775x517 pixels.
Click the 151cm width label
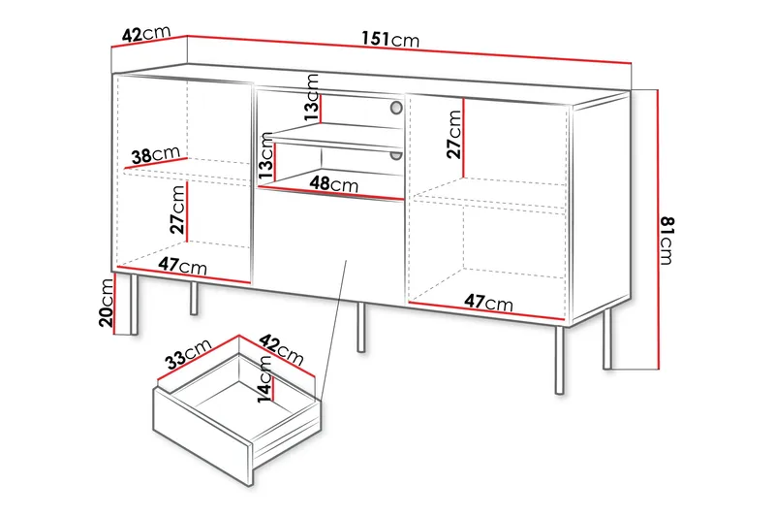click(x=390, y=40)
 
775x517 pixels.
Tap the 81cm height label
click(x=666, y=240)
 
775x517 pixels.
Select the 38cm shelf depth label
click(x=155, y=154)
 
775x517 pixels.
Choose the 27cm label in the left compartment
click(x=177, y=210)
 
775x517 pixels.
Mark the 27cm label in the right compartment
click(x=454, y=134)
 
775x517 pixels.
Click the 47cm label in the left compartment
click(x=183, y=266)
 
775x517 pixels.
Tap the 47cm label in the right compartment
click(x=487, y=304)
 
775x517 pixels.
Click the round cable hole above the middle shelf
click(x=395, y=108)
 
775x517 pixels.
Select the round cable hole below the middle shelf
click(x=395, y=154)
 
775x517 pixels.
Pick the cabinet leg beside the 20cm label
click(x=131, y=305)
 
